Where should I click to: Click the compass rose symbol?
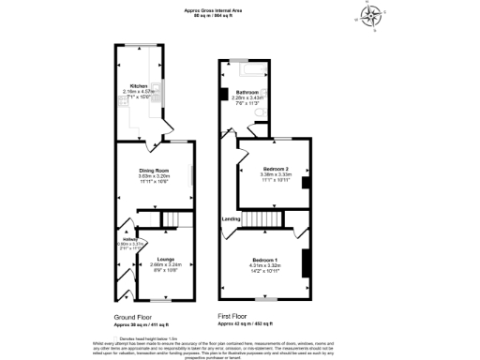[373, 16]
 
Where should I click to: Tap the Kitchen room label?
[139, 85]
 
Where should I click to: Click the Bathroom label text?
[247, 92]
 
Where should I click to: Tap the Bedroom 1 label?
[263, 260]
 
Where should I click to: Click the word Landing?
[231, 220]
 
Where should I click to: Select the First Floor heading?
[236, 317]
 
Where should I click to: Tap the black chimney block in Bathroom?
[223, 94]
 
